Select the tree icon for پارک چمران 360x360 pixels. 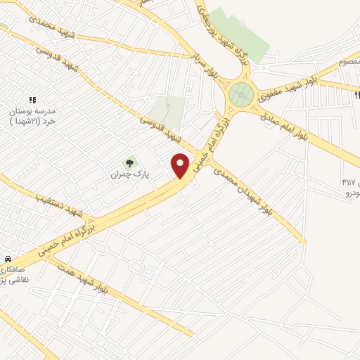(x=128, y=163)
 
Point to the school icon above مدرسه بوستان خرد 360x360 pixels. (x=32, y=101)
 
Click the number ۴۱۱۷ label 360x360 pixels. (x=349, y=183)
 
